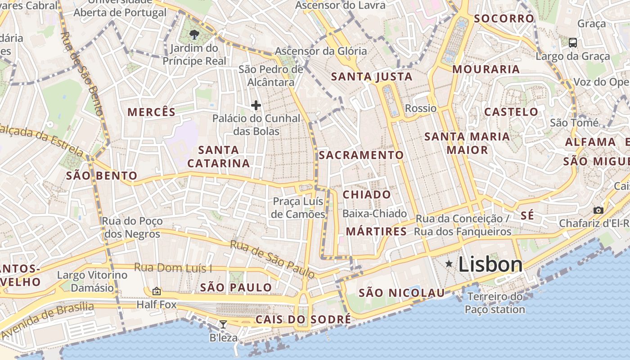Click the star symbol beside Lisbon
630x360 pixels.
(x=449, y=264)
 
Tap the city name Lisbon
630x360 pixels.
(x=490, y=265)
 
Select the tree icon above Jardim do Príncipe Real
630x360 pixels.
(x=194, y=34)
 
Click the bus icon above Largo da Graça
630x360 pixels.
(x=572, y=43)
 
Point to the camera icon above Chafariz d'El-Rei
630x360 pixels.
(x=598, y=210)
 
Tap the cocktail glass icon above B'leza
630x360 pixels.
(x=223, y=324)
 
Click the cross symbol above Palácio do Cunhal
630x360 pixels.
(x=256, y=106)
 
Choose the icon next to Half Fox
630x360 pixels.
(x=157, y=292)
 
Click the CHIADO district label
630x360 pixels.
(x=367, y=195)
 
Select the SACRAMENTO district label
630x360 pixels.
(x=361, y=155)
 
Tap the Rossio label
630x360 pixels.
(x=421, y=108)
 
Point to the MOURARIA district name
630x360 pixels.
(x=486, y=69)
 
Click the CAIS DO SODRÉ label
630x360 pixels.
(x=303, y=320)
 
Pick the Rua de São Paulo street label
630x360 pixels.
(x=272, y=259)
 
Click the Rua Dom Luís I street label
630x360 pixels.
(x=173, y=268)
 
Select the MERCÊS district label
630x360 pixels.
(x=152, y=112)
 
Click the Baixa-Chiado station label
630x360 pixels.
(x=374, y=214)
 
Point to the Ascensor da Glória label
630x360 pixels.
(x=321, y=51)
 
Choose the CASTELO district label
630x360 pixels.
(x=511, y=112)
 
